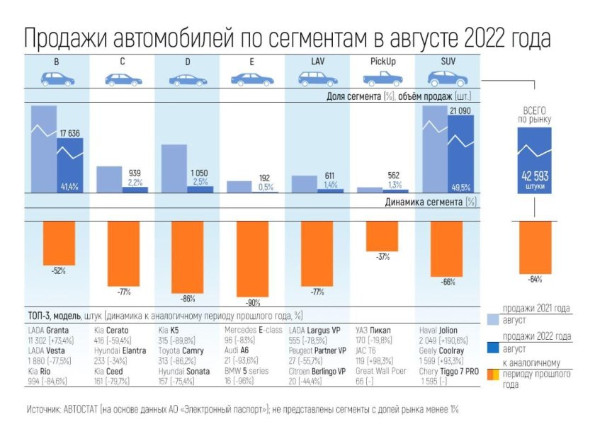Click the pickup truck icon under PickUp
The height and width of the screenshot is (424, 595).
(x=382, y=79)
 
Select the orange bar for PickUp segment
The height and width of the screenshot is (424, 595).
(x=382, y=236)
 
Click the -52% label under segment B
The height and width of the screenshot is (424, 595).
(x=57, y=270)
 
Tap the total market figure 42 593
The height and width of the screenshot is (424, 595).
(x=535, y=176)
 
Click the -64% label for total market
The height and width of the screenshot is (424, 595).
(x=535, y=279)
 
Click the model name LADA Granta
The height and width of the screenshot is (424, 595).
(x=52, y=330)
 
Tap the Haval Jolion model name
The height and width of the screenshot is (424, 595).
(x=446, y=330)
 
